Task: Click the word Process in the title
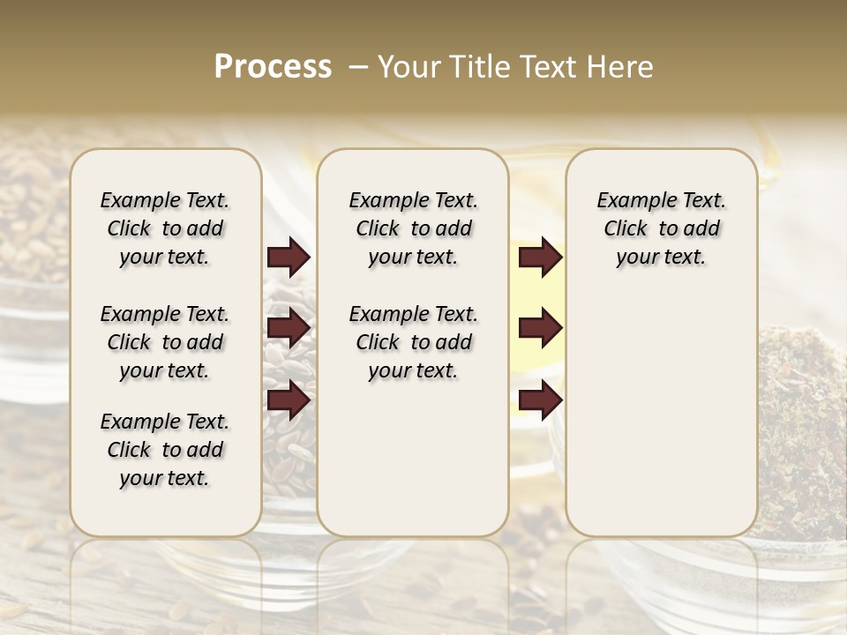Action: click(273, 67)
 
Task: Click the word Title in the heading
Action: click(478, 67)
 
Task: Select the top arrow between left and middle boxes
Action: click(289, 258)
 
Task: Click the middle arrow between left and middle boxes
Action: click(289, 328)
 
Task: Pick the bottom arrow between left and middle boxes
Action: click(289, 400)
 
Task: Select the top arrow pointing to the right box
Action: click(540, 258)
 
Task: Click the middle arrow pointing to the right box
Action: click(540, 328)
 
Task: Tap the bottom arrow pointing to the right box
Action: click(540, 400)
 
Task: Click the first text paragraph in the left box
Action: click(165, 228)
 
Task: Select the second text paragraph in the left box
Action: click(165, 342)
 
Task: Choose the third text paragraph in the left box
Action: click(165, 450)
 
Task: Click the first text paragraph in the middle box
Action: click(413, 228)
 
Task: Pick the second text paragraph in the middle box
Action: click(413, 342)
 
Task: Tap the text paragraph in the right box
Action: click(661, 228)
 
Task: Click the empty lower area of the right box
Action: click(661, 415)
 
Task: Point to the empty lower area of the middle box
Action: click(413, 459)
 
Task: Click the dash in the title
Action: click(357, 67)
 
